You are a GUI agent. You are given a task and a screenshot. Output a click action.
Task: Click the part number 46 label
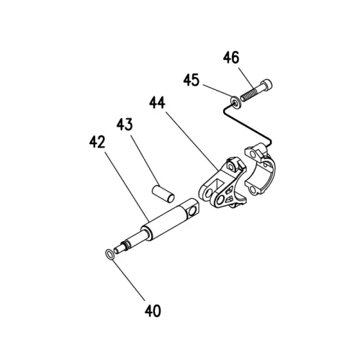point(231,58)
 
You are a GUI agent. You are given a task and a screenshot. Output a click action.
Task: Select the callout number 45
point(192,80)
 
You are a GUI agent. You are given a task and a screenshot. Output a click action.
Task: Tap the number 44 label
point(157,102)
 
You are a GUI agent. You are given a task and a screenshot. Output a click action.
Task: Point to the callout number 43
point(125,124)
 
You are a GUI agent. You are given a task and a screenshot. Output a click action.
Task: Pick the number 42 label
point(97,142)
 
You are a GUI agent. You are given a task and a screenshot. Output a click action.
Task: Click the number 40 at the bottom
point(153,311)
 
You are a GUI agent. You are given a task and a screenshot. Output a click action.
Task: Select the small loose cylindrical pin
point(163,192)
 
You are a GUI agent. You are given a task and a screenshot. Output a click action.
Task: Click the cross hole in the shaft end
point(192,212)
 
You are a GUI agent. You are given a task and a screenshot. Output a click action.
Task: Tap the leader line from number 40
point(128,279)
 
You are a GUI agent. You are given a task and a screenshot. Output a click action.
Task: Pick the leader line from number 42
point(127,185)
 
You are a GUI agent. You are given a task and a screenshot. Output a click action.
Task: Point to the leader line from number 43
point(145,160)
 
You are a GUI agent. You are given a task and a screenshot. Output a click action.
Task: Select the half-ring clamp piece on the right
point(260,169)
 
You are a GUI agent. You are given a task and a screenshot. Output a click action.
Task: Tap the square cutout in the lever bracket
point(219,184)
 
